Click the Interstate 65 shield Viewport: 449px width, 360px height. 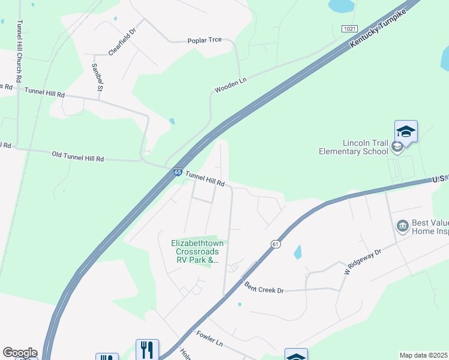click(178, 172)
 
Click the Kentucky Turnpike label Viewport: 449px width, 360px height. click(381, 29)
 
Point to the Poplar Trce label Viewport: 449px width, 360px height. click(205, 40)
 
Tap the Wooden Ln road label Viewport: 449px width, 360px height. click(231, 86)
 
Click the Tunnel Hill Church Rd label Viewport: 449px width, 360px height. click(20, 51)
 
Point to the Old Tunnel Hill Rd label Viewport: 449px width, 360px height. click(78, 157)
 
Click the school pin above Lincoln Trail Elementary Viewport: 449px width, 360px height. click(406, 131)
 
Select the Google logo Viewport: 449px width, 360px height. click(20, 353)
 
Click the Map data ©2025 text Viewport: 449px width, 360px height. click(423, 355)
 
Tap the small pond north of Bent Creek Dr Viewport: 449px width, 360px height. click(297, 252)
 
